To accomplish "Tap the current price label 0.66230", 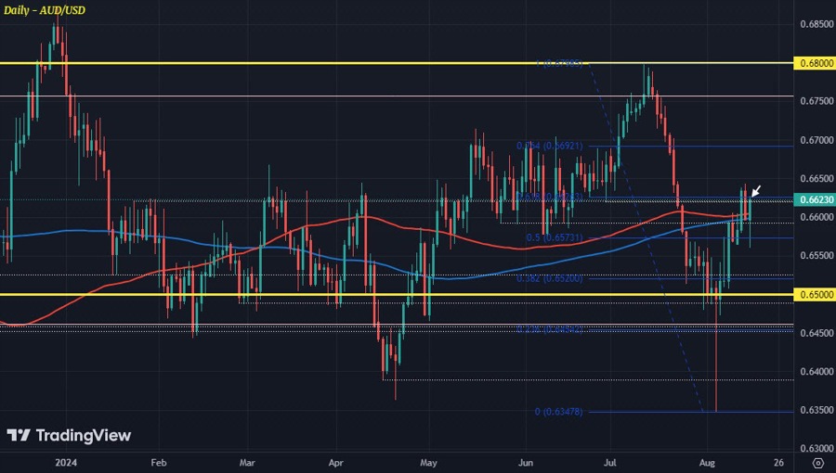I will coord(814,199).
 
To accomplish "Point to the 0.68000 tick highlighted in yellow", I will coord(814,63).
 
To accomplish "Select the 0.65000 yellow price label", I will coord(814,295).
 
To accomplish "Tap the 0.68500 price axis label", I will coord(814,23).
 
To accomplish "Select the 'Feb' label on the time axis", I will coord(158,461).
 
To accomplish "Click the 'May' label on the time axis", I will coord(428,461).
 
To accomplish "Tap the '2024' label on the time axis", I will coord(65,461).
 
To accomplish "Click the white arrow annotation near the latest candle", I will coord(756,191).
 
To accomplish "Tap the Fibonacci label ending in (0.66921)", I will coord(550,147).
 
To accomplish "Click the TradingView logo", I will coord(69,436).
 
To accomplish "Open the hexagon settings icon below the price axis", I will coord(816,461).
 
